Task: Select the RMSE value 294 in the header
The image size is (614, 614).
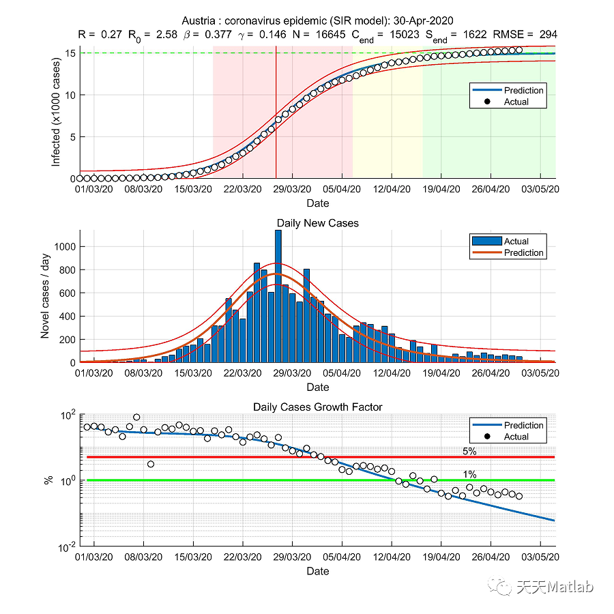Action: point(549,34)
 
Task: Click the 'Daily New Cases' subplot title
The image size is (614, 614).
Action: point(317,223)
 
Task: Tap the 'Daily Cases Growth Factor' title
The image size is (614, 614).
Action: point(317,407)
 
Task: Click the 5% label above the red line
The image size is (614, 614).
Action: point(469,451)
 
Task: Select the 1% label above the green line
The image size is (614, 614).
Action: point(469,474)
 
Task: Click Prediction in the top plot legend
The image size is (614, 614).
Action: point(523,90)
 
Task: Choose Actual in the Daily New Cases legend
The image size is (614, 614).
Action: point(516,241)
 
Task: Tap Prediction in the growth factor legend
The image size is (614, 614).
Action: point(523,425)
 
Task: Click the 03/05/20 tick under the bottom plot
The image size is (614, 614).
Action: point(541,557)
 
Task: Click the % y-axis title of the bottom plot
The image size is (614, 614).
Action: point(48,480)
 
